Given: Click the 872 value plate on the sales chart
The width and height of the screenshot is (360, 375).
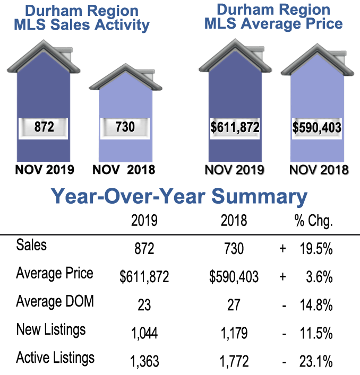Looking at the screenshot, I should pyautogui.click(x=44, y=127).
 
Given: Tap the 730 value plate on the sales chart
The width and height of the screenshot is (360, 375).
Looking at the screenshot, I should pyautogui.click(x=125, y=127).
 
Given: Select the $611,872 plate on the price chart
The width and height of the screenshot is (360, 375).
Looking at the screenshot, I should pyautogui.click(x=234, y=128).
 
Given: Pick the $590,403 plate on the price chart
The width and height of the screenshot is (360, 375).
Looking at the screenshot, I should pyautogui.click(x=316, y=128).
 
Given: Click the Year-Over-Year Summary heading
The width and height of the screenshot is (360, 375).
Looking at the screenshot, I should pyautogui.click(x=179, y=197).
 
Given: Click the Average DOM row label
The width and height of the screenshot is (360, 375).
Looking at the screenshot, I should pyautogui.click(x=55, y=301).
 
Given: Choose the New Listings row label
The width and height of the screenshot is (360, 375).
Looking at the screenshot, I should pyautogui.click(x=50, y=329).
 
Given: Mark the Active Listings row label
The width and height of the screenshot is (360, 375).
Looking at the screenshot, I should pyautogui.click(x=55, y=357).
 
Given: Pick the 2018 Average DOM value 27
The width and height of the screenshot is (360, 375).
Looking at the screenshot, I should pyautogui.click(x=234, y=305).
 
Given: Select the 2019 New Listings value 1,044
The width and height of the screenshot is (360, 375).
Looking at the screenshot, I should pyautogui.click(x=144, y=334).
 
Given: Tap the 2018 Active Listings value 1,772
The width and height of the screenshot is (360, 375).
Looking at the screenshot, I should pyautogui.click(x=234, y=362).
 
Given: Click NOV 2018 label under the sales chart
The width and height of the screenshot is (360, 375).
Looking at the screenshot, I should pyautogui.click(x=124, y=170).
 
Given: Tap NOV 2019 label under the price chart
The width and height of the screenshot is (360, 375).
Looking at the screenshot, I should pyautogui.click(x=234, y=170).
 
